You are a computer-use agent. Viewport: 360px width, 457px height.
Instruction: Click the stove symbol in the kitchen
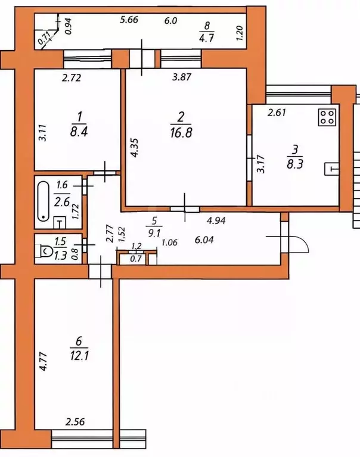click(x=327, y=117)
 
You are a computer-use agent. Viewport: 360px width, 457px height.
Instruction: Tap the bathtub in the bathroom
click(x=44, y=201)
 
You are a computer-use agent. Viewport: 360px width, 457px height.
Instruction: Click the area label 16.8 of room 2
click(x=181, y=133)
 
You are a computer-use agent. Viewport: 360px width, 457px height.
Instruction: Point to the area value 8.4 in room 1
click(x=79, y=132)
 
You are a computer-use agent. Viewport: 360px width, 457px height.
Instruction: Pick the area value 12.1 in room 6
click(x=79, y=356)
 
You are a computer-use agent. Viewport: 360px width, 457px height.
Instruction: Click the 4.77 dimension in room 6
click(x=43, y=362)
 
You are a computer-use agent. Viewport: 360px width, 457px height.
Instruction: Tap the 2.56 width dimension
click(x=75, y=422)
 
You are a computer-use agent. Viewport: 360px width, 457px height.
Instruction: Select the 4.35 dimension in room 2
click(x=134, y=148)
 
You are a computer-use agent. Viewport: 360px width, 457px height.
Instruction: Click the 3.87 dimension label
click(x=182, y=77)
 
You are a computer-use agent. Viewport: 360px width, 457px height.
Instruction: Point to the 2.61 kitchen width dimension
click(x=277, y=113)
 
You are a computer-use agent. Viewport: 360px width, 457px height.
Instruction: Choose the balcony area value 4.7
click(x=207, y=38)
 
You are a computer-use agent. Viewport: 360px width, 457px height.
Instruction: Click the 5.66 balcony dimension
click(x=129, y=20)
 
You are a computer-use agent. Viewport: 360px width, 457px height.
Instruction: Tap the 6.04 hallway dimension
click(x=204, y=240)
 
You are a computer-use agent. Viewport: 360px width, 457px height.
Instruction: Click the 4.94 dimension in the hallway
click(x=216, y=220)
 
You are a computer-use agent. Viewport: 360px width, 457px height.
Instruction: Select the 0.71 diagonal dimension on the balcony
click(x=45, y=38)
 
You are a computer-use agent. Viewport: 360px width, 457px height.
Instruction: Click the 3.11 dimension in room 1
click(x=42, y=133)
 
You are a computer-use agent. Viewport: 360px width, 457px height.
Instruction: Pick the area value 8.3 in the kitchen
click(x=294, y=164)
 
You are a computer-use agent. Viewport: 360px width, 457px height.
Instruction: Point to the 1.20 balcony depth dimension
click(x=240, y=33)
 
